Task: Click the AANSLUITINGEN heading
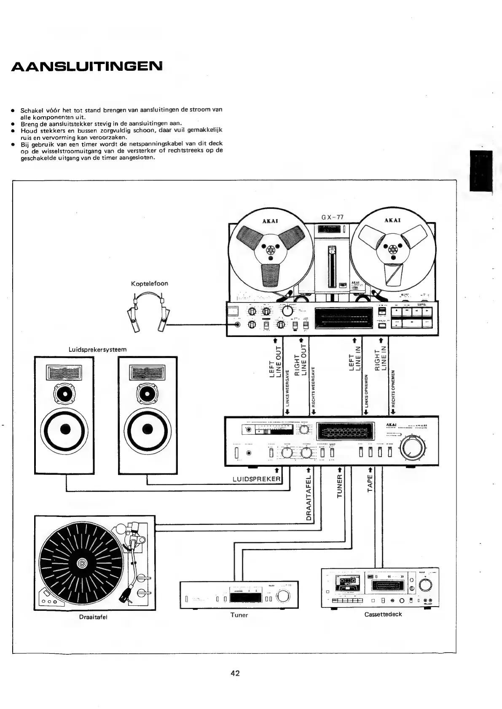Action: tap(86, 67)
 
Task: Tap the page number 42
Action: tap(235, 673)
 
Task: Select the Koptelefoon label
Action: tap(149, 284)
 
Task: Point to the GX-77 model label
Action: tap(333, 217)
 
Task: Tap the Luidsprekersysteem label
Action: tap(97, 350)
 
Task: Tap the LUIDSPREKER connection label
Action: tap(256, 479)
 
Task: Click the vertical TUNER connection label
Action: tap(339, 486)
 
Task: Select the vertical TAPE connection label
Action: tap(370, 483)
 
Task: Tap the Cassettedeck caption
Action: tap(383, 614)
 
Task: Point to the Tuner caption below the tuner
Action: tap(239, 615)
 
